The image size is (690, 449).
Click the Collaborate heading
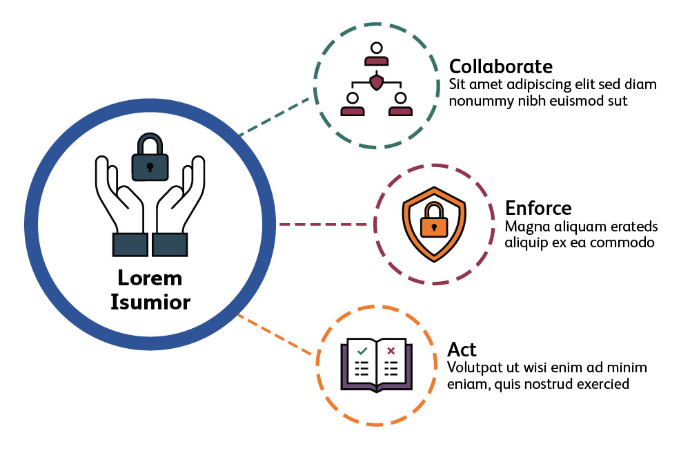[x=501, y=67]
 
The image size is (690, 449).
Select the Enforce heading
[x=538, y=208]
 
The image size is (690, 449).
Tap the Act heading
[x=462, y=349]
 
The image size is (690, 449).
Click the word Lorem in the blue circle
[x=150, y=278]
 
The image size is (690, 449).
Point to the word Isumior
[x=150, y=302]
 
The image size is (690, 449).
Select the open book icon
[x=376, y=365]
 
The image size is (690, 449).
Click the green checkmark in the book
[x=362, y=351]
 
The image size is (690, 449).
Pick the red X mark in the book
[x=391, y=351]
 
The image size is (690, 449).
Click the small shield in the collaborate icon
[x=376, y=83]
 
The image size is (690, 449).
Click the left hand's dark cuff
[x=129, y=244]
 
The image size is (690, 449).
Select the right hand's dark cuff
[x=170, y=244]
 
